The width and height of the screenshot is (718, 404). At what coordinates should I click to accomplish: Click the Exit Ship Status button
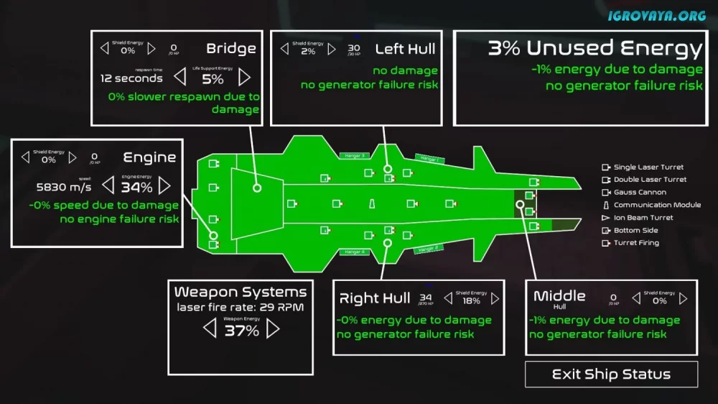pyautogui.click(x=611, y=375)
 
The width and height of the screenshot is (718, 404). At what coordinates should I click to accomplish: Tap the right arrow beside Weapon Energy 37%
pyautogui.click(x=273, y=329)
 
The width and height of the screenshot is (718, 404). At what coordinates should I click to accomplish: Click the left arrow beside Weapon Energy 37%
pyautogui.click(x=209, y=329)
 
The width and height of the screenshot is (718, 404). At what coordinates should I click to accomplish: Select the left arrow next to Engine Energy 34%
pyautogui.click(x=108, y=186)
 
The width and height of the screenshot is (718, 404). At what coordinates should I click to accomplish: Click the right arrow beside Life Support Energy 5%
pyautogui.click(x=245, y=77)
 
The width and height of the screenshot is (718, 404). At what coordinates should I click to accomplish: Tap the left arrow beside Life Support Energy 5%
pyautogui.click(x=180, y=77)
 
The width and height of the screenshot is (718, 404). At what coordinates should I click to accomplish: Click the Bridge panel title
pyautogui.click(x=231, y=49)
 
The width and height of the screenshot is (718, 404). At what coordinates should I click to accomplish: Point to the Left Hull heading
pyautogui.click(x=406, y=49)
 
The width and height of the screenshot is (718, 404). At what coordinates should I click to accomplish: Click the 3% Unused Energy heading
pyautogui.click(x=595, y=48)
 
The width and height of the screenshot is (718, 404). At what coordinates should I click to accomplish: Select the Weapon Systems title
pyautogui.click(x=241, y=292)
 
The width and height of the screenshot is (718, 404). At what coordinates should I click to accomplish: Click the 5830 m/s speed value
pyautogui.click(x=64, y=187)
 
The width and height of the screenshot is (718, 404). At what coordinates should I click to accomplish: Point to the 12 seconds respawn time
pyautogui.click(x=131, y=78)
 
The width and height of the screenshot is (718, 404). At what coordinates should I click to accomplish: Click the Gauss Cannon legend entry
pyautogui.click(x=640, y=193)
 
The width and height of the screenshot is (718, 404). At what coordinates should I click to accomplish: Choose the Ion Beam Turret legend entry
pyautogui.click(x=643, y=218)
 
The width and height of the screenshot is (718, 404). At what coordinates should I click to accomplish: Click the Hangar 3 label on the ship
pyautogui.click(x=354, y=155)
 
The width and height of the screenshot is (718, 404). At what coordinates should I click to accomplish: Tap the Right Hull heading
pyautogui.click(x=374, y=298)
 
